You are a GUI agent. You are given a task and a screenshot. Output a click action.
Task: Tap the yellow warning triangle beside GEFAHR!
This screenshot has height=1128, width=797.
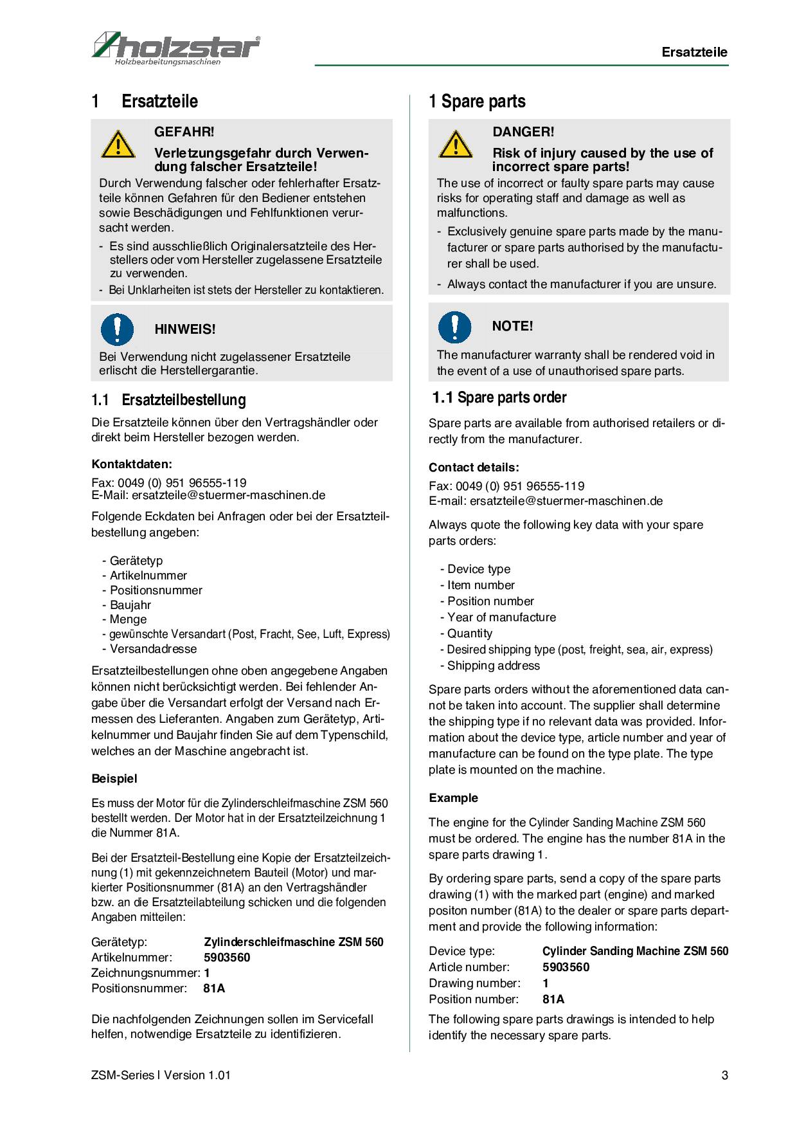tap(118, 145)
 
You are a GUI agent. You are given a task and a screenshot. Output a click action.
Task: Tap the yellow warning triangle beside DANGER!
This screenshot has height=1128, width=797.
tap(456, 145)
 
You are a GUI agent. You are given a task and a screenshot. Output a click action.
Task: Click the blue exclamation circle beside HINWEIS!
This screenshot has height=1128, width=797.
tap(117, 329)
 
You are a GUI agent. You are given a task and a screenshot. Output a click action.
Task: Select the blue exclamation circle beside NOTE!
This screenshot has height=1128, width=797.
tap(455, 326)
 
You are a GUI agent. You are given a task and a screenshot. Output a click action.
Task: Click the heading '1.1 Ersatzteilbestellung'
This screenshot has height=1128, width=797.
tap(168, 400)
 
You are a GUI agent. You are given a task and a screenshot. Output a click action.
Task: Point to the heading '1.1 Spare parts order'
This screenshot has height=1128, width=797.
tap(499, 397)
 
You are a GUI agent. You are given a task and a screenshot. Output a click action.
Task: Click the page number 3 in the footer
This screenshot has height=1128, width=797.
tap(724, 1075)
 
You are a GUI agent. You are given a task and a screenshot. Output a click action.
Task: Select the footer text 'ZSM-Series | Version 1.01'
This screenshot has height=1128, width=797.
tap(161, 1075)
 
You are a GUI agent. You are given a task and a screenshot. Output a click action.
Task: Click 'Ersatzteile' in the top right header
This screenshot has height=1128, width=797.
tap(694, 53)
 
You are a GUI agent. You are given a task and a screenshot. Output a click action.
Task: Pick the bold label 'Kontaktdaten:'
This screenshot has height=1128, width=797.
tap(132, 464)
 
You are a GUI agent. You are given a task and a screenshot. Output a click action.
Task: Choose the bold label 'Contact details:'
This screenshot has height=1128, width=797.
tap(474, 468)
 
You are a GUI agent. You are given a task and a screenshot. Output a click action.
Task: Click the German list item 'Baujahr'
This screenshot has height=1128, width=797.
tap(130, 605)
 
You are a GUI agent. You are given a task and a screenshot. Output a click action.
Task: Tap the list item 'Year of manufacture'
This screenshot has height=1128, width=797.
tap(501, 617)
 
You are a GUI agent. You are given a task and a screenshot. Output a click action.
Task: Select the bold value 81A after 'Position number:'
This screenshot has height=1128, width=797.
tap(553, 999)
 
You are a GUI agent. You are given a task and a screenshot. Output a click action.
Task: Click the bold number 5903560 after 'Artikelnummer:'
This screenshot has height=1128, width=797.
tap(227, 958)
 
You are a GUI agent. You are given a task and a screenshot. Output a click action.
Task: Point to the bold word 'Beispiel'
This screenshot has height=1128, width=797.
tap(114, 779)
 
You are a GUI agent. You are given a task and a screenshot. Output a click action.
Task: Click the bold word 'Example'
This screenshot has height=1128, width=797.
tap(454, 798)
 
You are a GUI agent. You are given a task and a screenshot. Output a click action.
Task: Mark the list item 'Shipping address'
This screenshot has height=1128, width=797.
tap(493, 666)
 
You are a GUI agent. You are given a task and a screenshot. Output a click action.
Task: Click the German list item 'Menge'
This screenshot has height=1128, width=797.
tap(128, 619)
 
